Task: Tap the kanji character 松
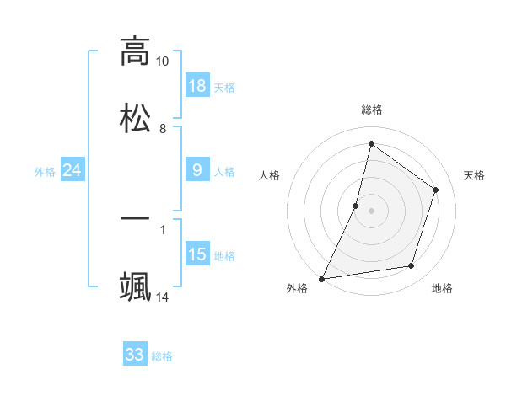135,117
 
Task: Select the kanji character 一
135,217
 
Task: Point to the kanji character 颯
135,285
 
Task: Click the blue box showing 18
197,86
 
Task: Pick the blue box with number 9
197,170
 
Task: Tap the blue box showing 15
197,254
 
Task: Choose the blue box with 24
73,170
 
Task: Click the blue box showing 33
135,355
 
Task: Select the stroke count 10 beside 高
162,62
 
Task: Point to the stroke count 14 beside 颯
162,297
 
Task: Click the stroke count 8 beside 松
162,128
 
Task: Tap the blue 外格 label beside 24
45,171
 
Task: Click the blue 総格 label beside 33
162,356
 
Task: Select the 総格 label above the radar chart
371,110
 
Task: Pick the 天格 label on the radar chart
475,175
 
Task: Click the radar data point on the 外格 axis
321,279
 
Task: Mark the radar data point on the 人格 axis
356,205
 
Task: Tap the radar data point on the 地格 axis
412,266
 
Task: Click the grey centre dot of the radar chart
371,210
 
